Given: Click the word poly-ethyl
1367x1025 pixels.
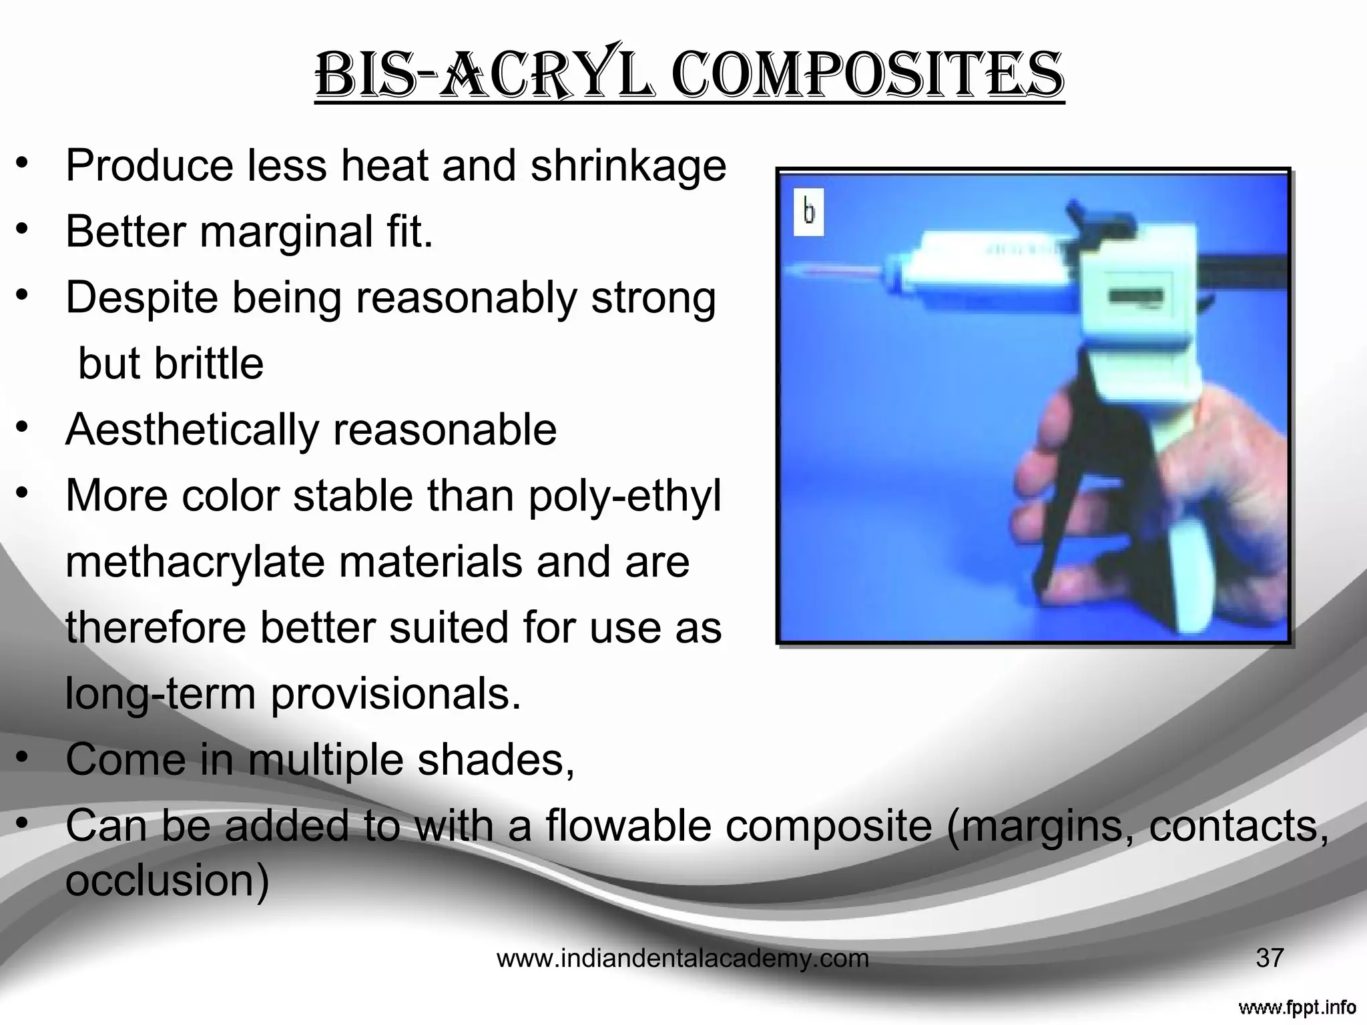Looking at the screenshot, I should [x=625, y=496].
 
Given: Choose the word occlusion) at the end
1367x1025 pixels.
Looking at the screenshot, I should [x=168, y=880].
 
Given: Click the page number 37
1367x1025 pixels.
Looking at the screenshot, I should [x=1269, y=958].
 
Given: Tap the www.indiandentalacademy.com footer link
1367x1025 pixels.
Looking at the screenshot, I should [x=683, y=958].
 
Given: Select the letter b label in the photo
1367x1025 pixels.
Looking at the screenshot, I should [x=809, y=212].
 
